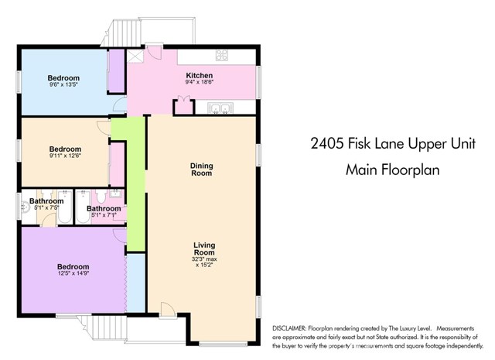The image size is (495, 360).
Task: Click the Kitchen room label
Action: point(199,75)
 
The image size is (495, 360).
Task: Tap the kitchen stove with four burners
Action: point(222,55)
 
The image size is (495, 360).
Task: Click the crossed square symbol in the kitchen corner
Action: point(136,55)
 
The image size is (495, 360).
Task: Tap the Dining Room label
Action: point(201,169)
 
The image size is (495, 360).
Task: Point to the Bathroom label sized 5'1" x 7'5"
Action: point(42,207)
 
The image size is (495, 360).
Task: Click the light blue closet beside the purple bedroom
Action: point(135,283)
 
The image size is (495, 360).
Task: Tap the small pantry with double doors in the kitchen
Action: point(183,106)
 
